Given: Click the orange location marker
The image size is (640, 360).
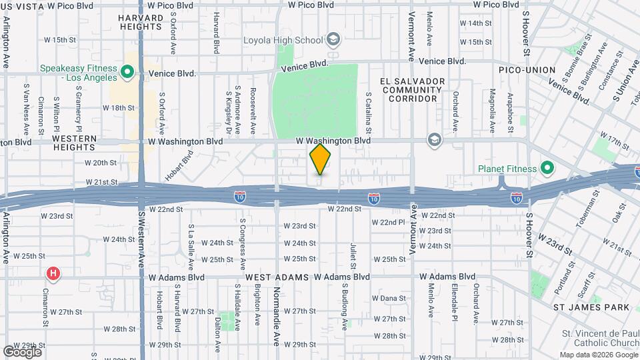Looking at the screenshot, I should pyautogui.click(x=321, y=159).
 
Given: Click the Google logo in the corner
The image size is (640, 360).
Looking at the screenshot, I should pyautogui.click(x=22, y=351).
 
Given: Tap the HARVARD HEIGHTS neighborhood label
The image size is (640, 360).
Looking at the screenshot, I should pyautogui.click(x=141, y=22).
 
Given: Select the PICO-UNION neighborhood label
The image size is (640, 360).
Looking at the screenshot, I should pyautogui.click(x=527, y=70).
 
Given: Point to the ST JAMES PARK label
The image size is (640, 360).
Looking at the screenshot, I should pyautogui.click(x=591, y=307).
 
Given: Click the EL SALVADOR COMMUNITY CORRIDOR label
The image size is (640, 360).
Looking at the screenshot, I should pyautogui.click(x=409, y=89).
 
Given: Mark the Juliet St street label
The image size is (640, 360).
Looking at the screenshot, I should pyautogui.click(x=353, y=257).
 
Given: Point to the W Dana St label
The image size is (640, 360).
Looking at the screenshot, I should pyautogui.click(x=389, y=298).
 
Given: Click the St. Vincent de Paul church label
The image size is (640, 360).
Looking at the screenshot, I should pyautogui.click(x=595, y=338).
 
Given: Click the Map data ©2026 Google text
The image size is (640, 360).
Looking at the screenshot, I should pyautogui.click(x=597, y=355).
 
